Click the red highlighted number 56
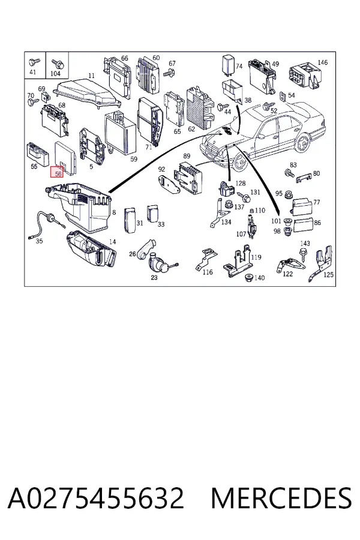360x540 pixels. pos(57,172)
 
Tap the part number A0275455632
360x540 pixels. pos(96,498)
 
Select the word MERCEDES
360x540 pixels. pos(281,498)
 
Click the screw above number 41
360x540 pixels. pos(34,62)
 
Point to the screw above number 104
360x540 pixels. pos(57,63)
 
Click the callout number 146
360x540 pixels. pos(322,62)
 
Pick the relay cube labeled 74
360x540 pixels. pos(227,63)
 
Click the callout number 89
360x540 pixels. pos(187,157)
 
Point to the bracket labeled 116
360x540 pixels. pos(206,258)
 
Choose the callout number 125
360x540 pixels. pos(328,274)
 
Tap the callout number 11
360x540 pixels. pos(91,76)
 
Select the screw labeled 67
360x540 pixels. pos(169,73)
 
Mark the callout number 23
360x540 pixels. pos(154,277)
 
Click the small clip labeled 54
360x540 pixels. pos(283,97)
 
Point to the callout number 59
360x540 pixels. pos(134,159)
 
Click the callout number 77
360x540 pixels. pos(317,202)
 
